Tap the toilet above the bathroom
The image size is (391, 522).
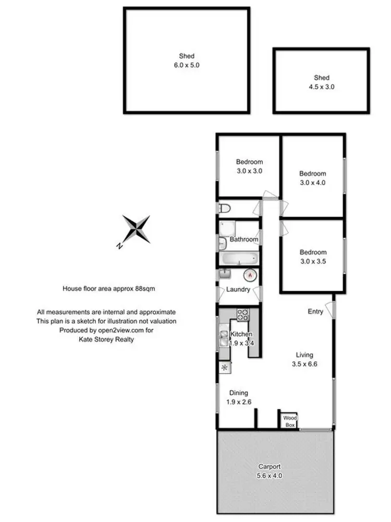click(x=224, y=209)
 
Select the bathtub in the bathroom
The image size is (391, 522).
click(x=237, y=258)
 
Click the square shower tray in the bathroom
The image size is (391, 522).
click(x=227, y=228)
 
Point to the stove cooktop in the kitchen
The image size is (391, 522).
click(x=243, y=315)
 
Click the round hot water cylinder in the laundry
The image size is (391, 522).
click(x=251, y=273)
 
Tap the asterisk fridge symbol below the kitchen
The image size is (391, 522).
click(x=225, y=367)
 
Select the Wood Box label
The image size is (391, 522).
click(x=289, y=421)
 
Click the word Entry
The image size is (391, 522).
click(x=315, y=312)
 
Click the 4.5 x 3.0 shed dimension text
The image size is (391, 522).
click(x=322, y=87)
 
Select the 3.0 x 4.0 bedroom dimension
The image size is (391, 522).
click(x=313, y=183)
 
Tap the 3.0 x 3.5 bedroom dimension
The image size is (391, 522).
click(x=313, y=262)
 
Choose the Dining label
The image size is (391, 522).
click(x=239, y=393)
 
